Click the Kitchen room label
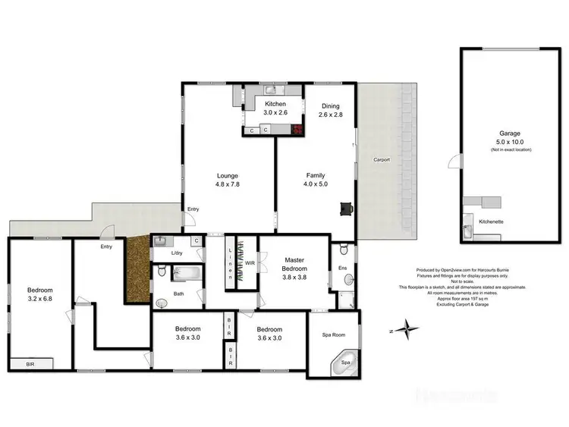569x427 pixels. pos(274,103)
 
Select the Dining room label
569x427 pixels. pos(330,106)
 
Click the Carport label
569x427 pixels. pos(382,160)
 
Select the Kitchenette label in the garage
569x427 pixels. pos(492,221)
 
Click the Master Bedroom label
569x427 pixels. pos(295,264)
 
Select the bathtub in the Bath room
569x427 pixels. pos(185,274)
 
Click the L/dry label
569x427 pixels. pos(178,253)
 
